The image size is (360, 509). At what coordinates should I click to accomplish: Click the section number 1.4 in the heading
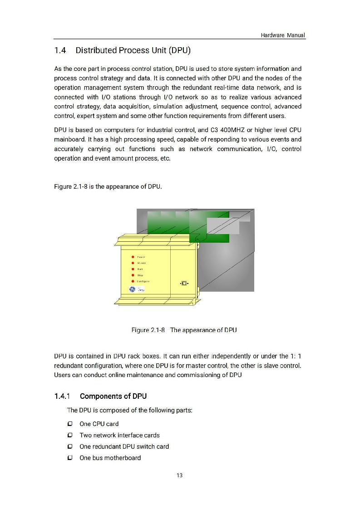[60, 50]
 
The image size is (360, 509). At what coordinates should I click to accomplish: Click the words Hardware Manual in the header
[283, 35]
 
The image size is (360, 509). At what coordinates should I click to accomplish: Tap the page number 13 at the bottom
[179, 475]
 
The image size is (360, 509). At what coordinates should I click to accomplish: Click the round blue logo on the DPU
[132, 289]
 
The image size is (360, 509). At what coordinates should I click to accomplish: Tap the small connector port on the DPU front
[184, 284]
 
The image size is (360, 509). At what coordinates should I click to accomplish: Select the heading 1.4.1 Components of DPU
[100, 396]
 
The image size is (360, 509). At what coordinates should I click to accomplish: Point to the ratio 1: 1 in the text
[296, 356]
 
